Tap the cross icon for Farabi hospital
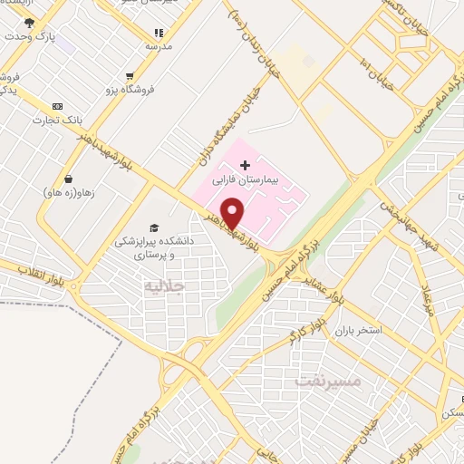pos(245,165)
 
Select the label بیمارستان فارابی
pos(247,181)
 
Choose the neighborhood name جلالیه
pos(164,286)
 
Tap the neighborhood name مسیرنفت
pos(327,382)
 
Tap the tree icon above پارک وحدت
pos(29,23)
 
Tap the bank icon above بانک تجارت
pos(59,106)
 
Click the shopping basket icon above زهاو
pos(67,179)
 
